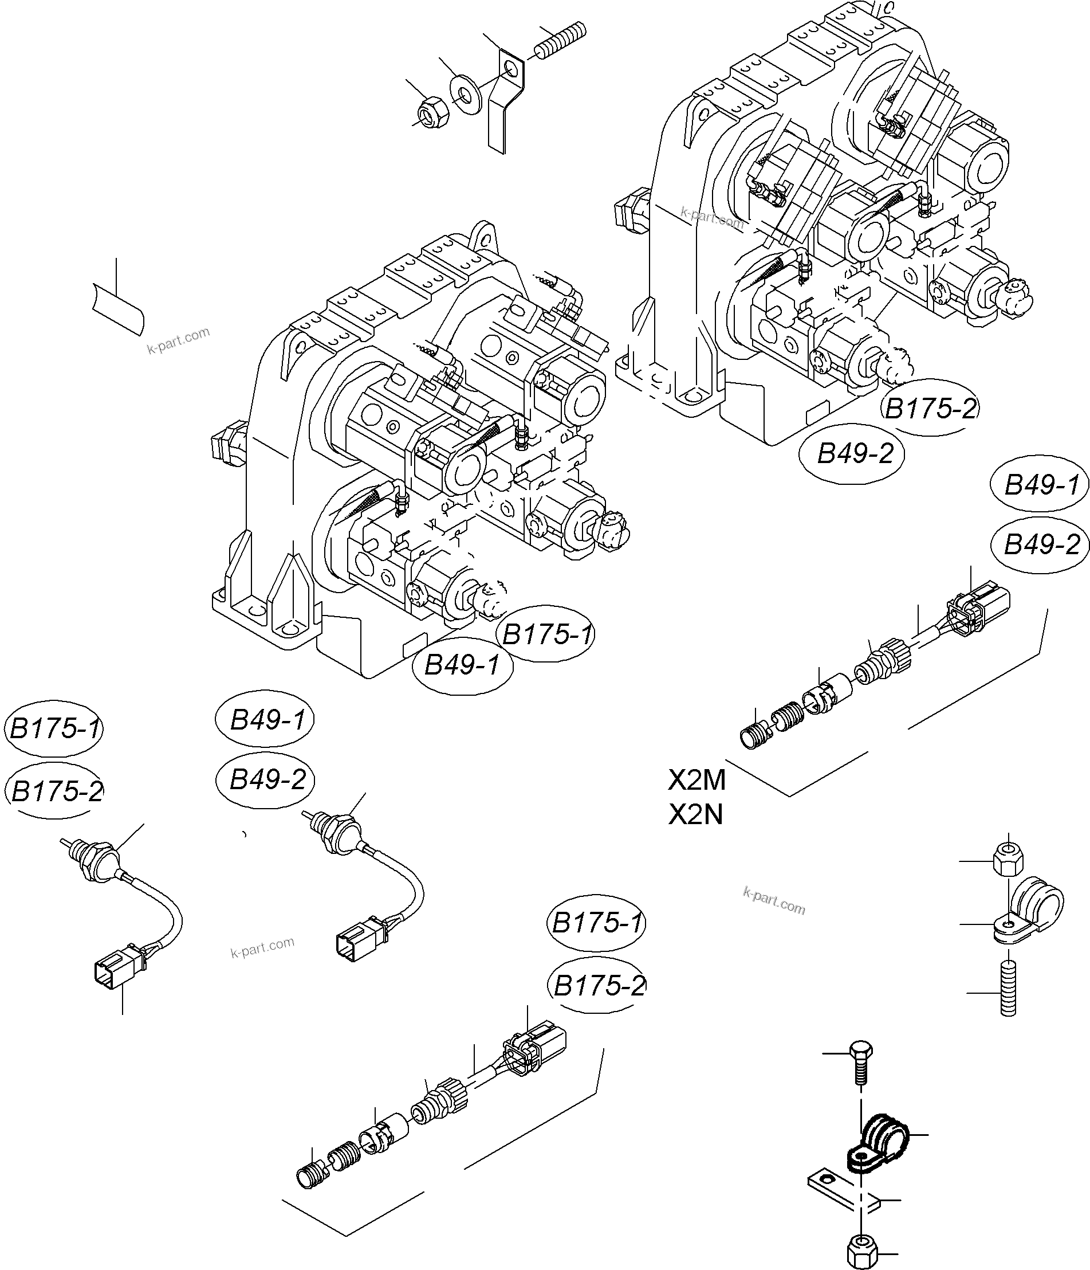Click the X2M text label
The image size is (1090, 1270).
697,780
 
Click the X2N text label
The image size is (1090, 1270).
695,814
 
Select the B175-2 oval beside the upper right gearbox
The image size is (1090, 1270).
930,408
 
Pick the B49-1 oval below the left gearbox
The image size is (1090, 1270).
462,664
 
